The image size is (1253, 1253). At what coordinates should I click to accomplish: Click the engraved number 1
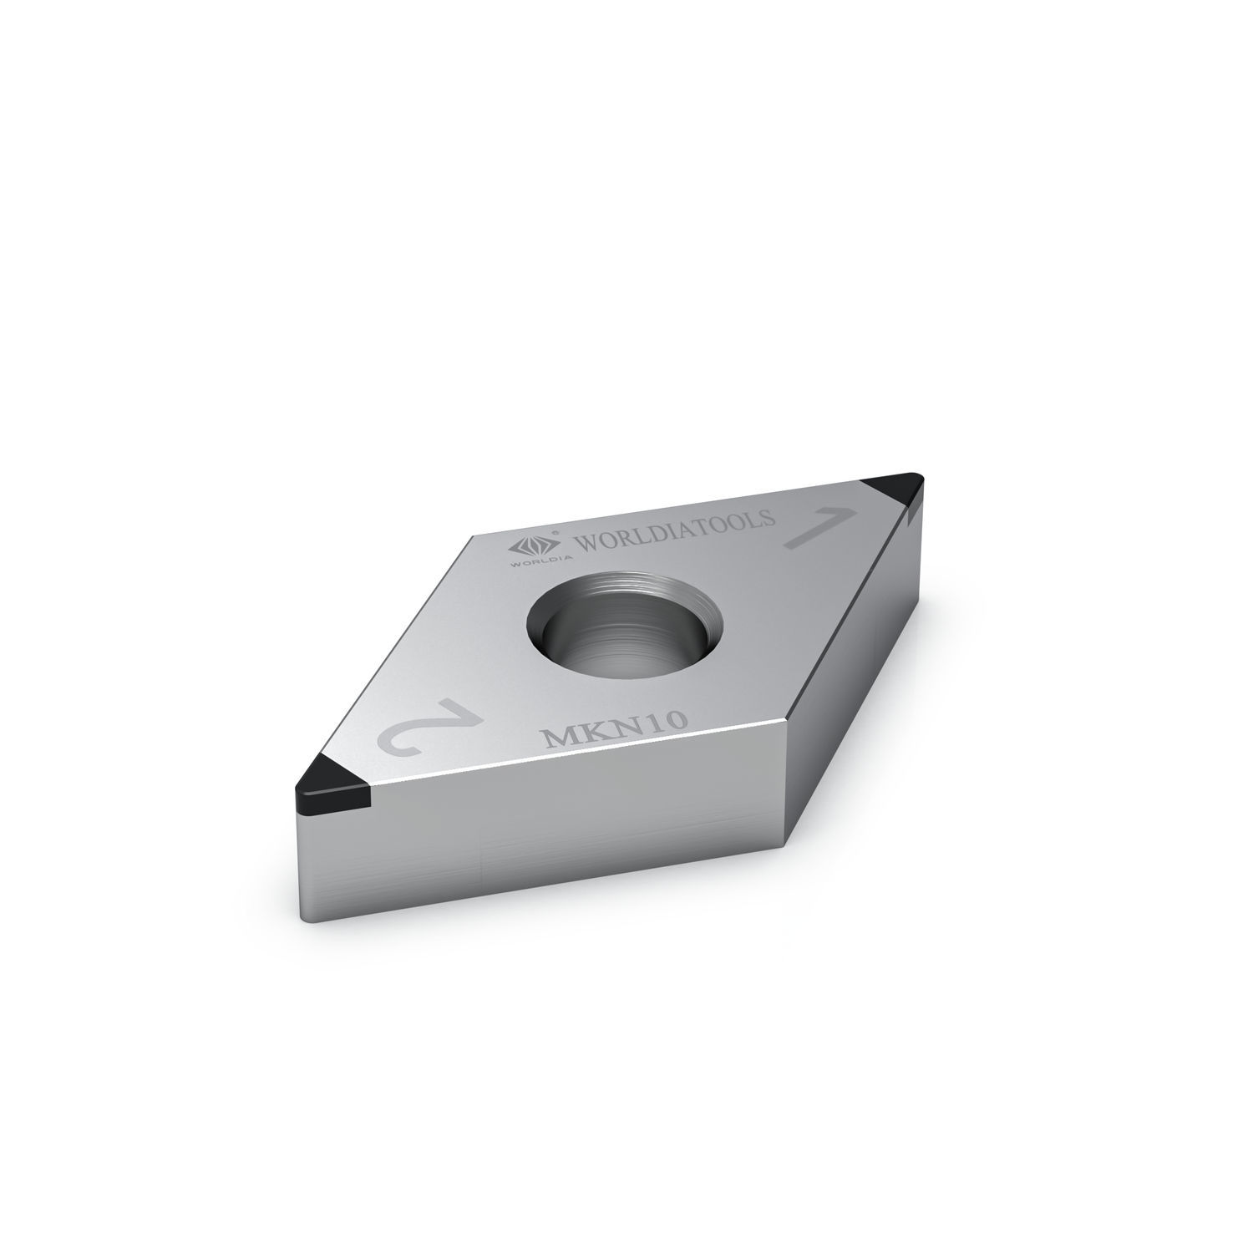click(818, 527)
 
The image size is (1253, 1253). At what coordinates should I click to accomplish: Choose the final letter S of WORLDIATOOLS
click(769, 518)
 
